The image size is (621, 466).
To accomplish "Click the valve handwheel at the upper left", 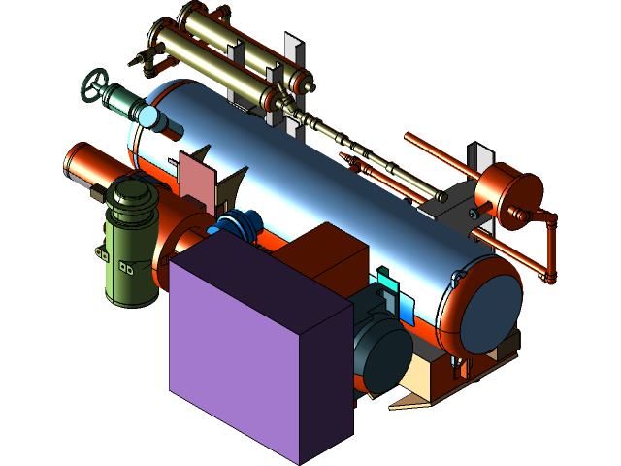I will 94,84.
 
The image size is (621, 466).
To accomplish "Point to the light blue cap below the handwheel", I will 152,117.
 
